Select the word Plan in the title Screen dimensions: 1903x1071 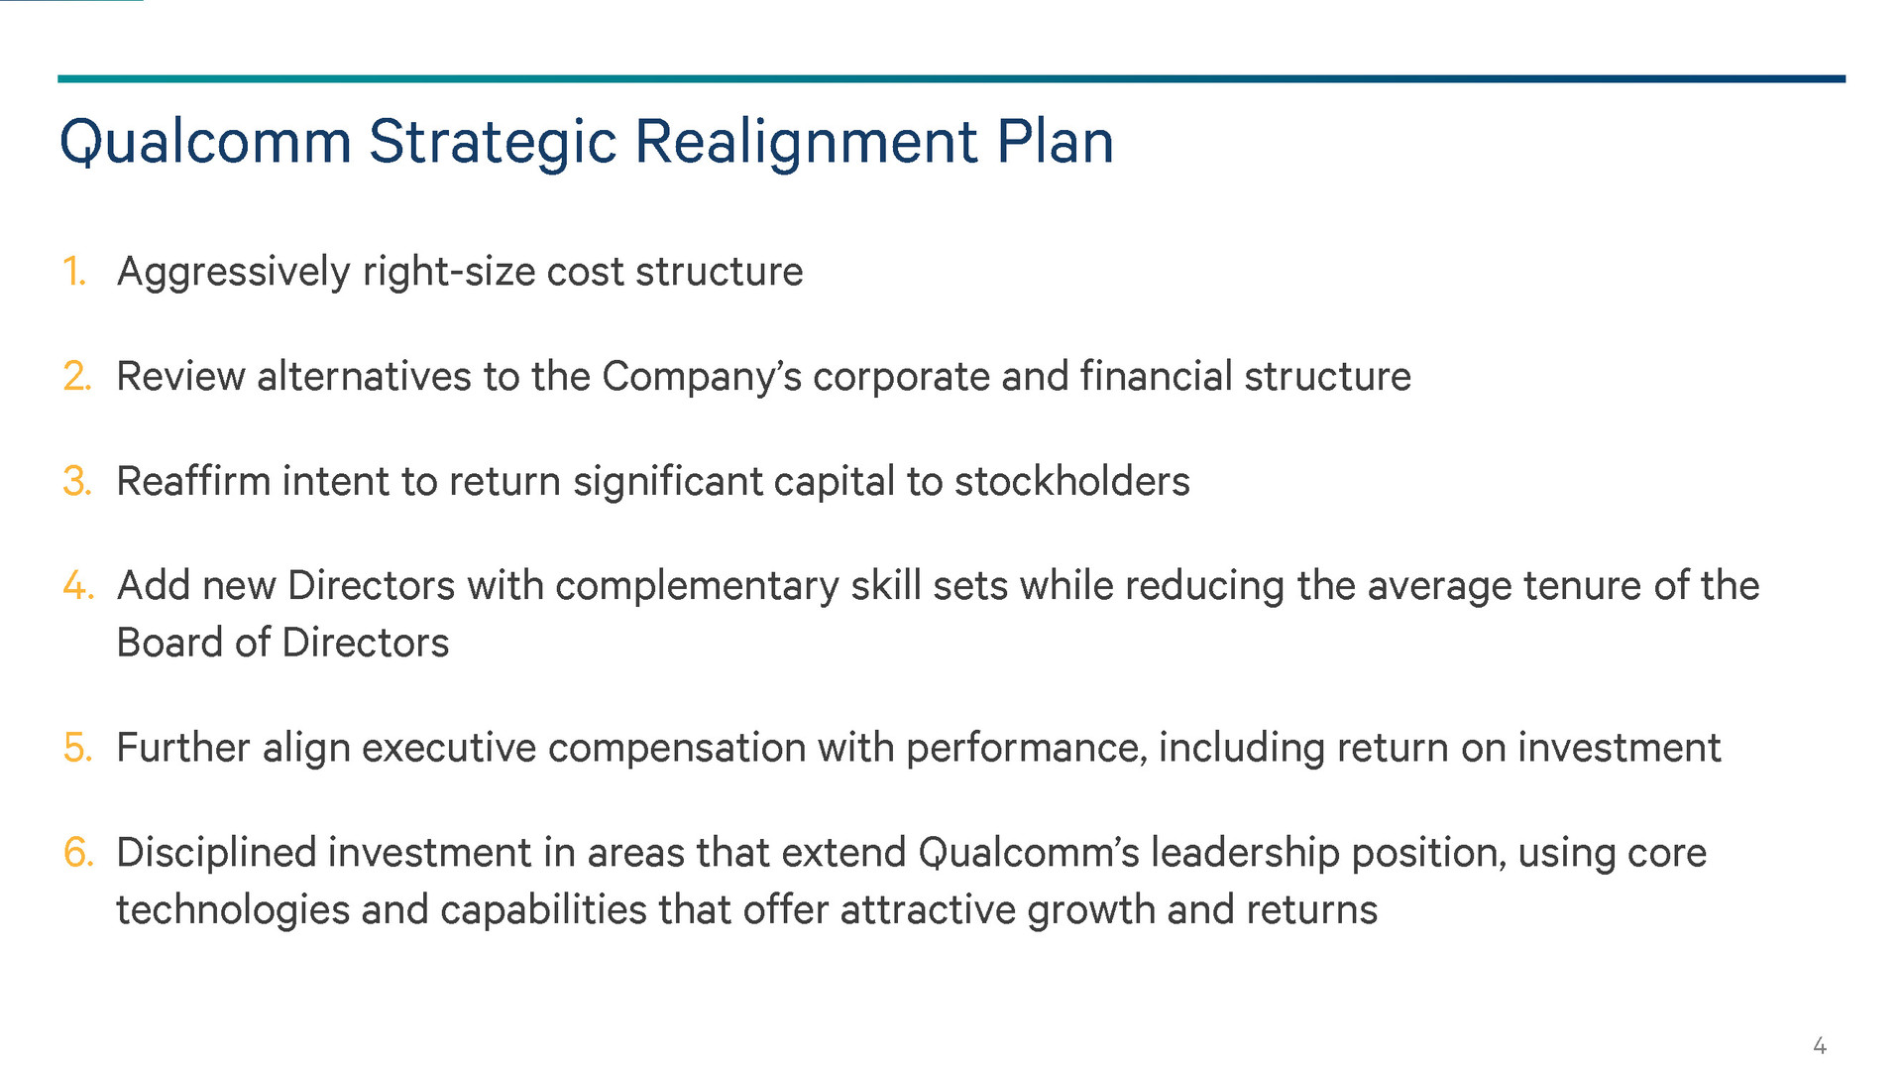(1055, 141)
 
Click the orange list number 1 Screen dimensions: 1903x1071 (74, 271)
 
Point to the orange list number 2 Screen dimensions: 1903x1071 (77, 376)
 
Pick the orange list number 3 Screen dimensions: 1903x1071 (77, 481)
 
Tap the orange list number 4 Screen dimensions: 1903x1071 (78, 585)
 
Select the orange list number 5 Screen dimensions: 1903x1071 (77, 748)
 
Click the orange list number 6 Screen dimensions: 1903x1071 (78, 853)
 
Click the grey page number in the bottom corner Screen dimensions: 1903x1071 (1820, 1045)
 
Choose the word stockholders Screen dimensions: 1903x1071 (1072, 482)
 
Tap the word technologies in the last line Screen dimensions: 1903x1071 (233, 911)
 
